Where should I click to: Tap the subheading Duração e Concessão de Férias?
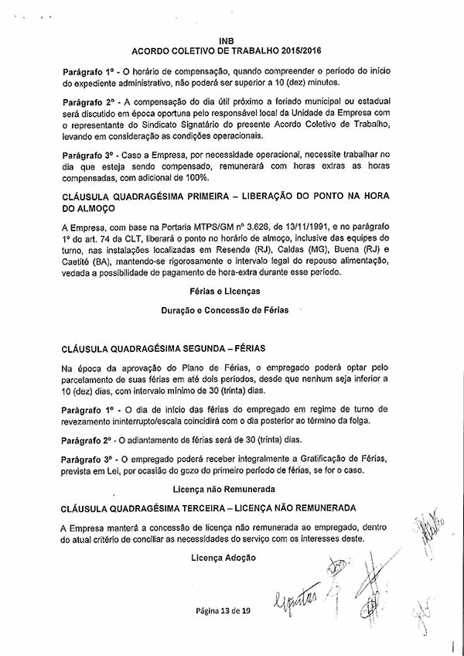pyautogui.click(x=224, y=310)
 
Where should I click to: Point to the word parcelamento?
pyautogui.click(x=94, y=379)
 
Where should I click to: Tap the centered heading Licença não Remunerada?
pyautogui.click(x=224, y=489)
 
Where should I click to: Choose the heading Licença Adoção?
pyautogui.click(x=223, y=557)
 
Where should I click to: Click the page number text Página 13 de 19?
pyautogui.click(x=223, y=610)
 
